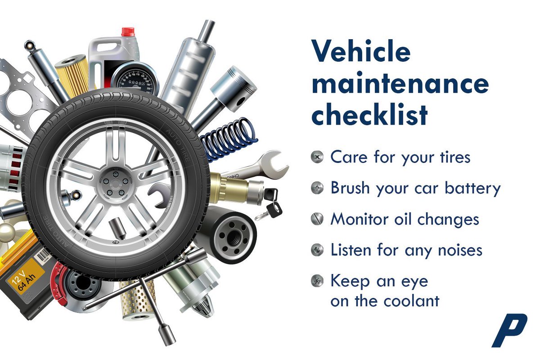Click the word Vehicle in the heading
coord(360,51)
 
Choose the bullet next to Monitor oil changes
coord(317,220)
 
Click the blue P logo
coord(509,331)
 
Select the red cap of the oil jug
coord(128,31)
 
